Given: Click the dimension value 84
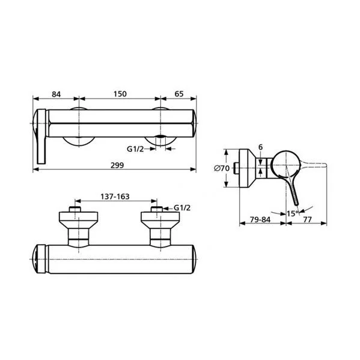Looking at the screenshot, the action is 56,94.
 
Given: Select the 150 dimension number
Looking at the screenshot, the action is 120,94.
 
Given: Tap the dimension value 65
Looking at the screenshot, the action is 179,94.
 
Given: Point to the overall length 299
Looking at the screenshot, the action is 117,165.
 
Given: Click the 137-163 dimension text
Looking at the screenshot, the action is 115,197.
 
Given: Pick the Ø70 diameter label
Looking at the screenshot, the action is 222,168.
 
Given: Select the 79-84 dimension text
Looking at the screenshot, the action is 260,220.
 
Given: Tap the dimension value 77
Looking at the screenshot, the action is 308,220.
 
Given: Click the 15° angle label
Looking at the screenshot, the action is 293,213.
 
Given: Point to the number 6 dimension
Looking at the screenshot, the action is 260,147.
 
